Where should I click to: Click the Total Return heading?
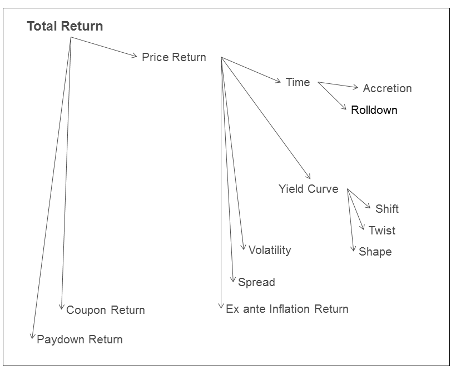(65, 26)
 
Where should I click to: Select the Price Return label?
(174, 57)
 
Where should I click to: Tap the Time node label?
(298, 82)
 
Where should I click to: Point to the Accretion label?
(387, 88)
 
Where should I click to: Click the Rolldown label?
(374, 110)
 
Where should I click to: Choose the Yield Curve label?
(308, 189)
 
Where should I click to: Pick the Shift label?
(386, 209)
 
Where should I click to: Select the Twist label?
(382, 231)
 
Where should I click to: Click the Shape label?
(375, 252)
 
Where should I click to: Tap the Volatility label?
(269, 250)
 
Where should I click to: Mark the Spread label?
(256, 282)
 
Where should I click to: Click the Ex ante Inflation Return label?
(287, 309)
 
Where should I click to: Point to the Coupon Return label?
(105, 310)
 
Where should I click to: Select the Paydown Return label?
(80, 339)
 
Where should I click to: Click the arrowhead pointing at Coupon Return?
(62, 307)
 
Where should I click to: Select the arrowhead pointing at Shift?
(369, 207)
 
